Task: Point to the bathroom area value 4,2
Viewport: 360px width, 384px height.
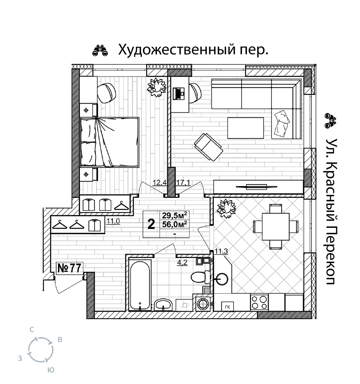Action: [182, 263]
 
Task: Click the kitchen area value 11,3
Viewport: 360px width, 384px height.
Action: [221, 251]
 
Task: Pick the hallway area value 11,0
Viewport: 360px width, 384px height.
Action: [113, 221]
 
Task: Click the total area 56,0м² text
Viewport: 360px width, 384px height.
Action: [175, 224]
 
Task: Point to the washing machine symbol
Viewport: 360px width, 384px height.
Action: [203, 303]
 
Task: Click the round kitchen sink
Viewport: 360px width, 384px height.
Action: [222, 279]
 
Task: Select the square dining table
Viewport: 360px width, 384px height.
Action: [275, 227]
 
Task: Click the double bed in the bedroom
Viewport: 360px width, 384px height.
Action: [110, 142]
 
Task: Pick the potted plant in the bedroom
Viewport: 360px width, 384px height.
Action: [157, 87]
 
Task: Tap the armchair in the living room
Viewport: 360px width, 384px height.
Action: [208, 147]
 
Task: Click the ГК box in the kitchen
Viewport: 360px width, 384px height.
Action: [228, 307]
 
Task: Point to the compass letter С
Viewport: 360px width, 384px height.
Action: [32, 330]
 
